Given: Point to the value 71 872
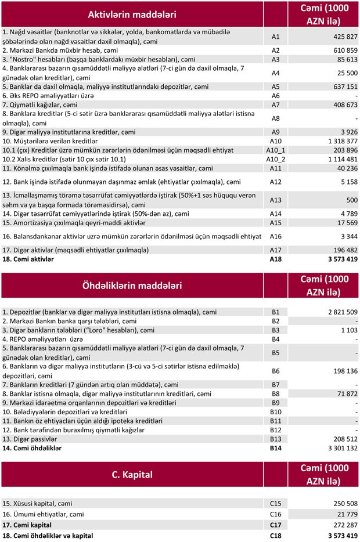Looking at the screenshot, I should point(343,393).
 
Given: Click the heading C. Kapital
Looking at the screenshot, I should point(132,474).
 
